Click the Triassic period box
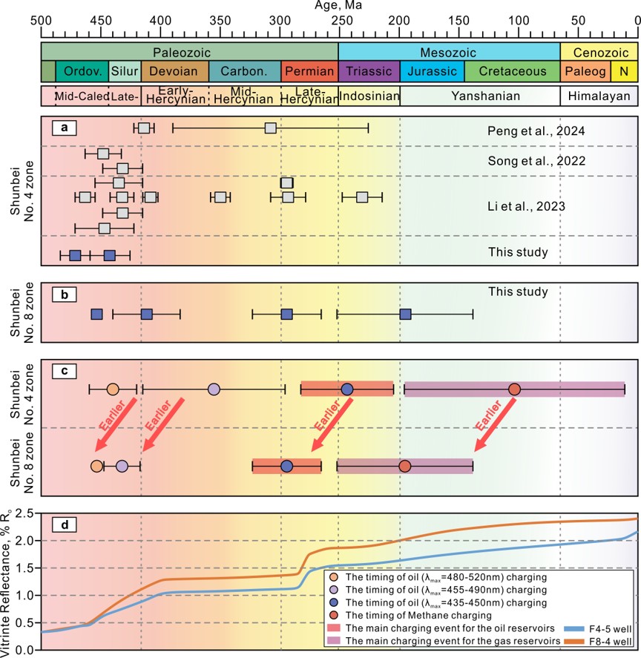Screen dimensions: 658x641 [x=369, y=71]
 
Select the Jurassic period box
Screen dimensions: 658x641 [x=432, y=71]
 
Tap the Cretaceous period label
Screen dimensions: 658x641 [x=512, y=71]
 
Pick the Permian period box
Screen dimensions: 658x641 [x=309, y=71]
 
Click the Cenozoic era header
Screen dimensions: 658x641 [x=597, y=52]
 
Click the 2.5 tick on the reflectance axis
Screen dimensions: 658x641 [x=27, y=513]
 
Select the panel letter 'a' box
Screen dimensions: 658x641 [x=65, y=128]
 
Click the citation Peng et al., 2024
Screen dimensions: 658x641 [x=526, y=131]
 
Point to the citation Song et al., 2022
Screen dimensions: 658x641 [x=526, y=161]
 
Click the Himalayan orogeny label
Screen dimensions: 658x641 [x=599, y=96]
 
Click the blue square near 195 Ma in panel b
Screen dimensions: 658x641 [x=405, y=315]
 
